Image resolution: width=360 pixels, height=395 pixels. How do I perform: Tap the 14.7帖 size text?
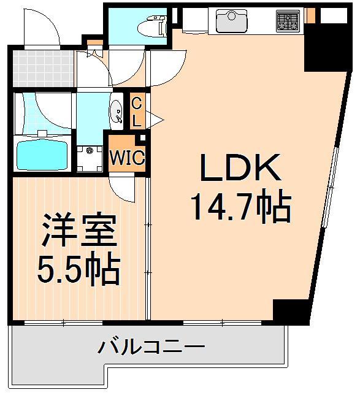[x=240, y=208]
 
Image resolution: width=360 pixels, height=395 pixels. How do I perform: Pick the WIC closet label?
[x=127, y=158]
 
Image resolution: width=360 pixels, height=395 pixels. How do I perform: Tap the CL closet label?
[x=137, y=111]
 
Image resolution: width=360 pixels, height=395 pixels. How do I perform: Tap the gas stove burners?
[x=286, y=20]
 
